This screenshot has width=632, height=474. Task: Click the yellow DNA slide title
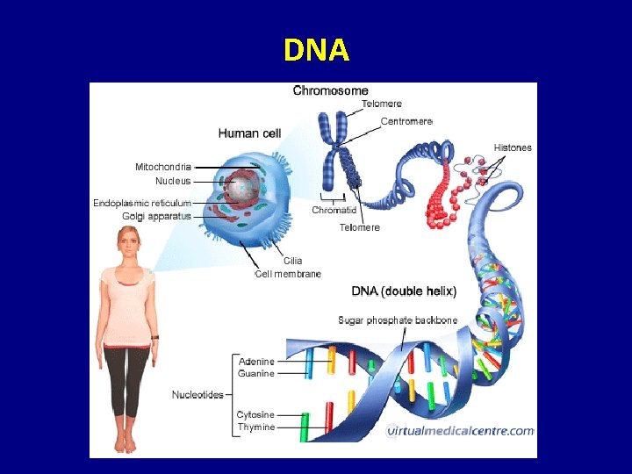click(316, 51)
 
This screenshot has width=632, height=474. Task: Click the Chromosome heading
click(330, 90)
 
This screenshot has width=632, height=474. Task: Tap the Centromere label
click(406, 121)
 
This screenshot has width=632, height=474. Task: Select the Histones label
click(513, 147)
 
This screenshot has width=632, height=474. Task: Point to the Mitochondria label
click(162, 167)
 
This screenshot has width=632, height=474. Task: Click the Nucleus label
click(173, 181)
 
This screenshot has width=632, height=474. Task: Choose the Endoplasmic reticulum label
click(142, 204)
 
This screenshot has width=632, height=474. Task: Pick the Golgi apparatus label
click(157, 216)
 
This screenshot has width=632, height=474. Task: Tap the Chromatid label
click(334, 211)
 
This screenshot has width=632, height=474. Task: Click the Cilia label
click(293, 261)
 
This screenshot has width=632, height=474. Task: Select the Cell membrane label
click(288, 274)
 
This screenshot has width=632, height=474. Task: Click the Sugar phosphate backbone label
click(398, 320)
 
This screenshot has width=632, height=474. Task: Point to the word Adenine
click(255, 362)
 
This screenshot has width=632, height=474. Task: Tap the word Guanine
click(255, 374)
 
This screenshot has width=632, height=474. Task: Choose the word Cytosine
click(255, 414)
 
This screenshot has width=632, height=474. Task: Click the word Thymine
click(255, 427)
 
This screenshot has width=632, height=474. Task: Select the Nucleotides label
click(197, 395)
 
